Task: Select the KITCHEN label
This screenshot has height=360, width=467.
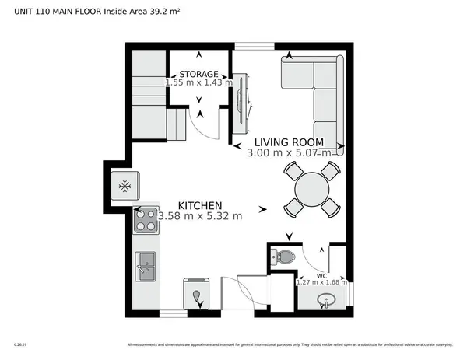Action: (x=188, y=204)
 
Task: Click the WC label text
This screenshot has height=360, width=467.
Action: (x=321, y=274)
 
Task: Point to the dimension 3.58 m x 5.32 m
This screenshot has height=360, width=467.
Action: (x=200, y=215)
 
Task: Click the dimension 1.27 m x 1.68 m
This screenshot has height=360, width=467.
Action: (x=321, y=282)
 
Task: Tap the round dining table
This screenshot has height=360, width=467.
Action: (x=311, y=188)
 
